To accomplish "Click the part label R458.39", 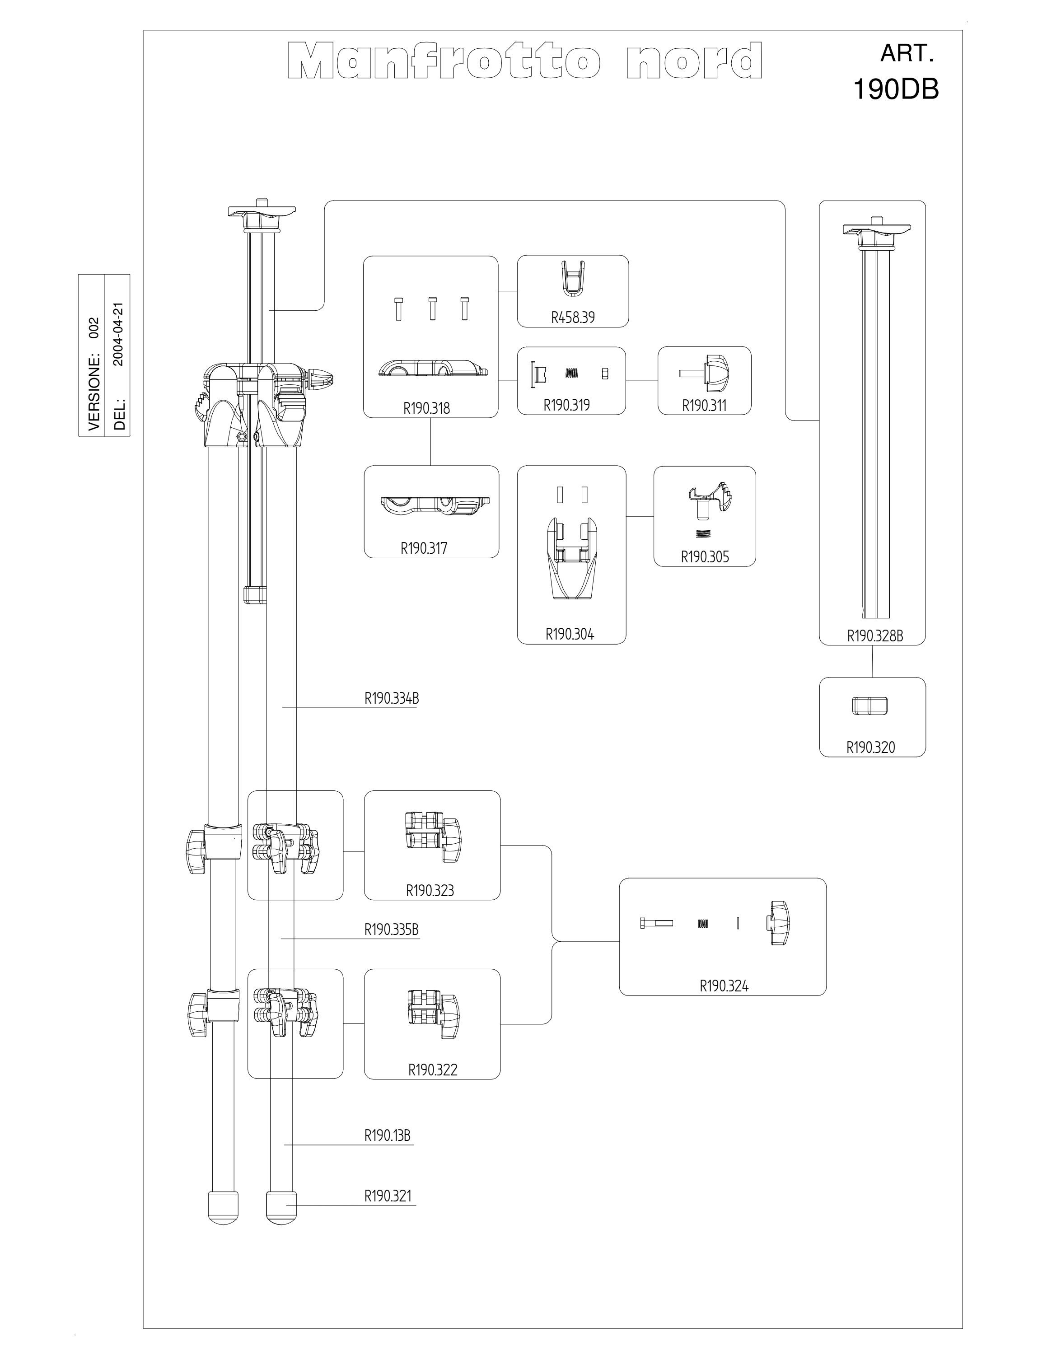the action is click(x=572, y=317).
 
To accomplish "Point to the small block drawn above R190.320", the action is click(x=869, y=706).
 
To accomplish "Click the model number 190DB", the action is click(x=896, y=90).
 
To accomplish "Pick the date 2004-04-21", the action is click(x=119, y=335).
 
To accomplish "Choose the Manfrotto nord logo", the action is click(x=525, y=61).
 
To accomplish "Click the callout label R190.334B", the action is click(x=392, y=699).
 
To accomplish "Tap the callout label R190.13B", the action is click(x=387, y=1135).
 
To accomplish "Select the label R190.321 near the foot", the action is click(x=388, y=1196).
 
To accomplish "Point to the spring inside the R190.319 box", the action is click(x=572, y=374).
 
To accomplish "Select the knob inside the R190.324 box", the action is click(x=781, y=923).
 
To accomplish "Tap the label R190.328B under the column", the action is click(x=874, y=636).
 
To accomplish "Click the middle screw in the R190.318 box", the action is click(x=432, y=308).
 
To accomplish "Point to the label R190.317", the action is click(x=424, y=548).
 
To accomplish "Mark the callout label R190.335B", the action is click(x=392, y=930).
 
